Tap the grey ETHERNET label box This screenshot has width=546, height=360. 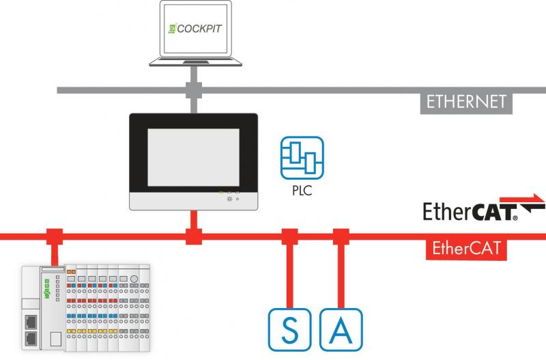pyautogui.click(x=466, y=102)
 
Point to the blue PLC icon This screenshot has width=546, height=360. pyautogui.click(x=302, y=158)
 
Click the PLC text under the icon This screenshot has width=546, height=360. pyautogui.click(x=302, y=191)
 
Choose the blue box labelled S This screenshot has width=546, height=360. pyautogui.click(x=291, y=331)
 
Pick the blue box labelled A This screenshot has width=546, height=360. pyautogui.click(x=341, y=331)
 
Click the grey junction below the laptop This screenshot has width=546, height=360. pyautogui.click(x=195, y=89)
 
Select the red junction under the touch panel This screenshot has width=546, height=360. pyautogui.click(x=195, y=236)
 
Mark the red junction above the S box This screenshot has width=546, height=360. pyautogui.click(x=290, y=236)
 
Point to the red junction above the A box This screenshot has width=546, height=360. pyautogui.click(x=341, y=236)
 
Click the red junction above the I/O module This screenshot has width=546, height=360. pyautogui.click(x=54, y=236)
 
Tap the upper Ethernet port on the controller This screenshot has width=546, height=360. pyautogui.click(x=32, y=320)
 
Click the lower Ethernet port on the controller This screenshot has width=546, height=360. pyautogui.click(x=32, y=339)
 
